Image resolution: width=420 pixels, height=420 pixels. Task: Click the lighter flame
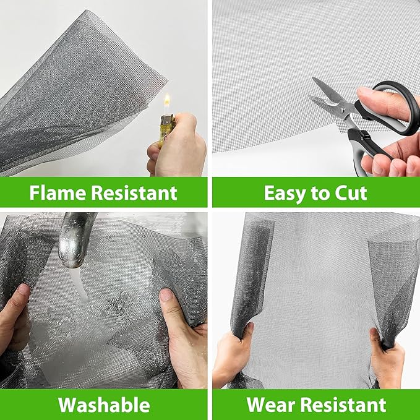pyautogui.click(x=166, y=101)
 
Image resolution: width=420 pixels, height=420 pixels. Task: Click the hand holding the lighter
pyautogui.click(x=179, y=148)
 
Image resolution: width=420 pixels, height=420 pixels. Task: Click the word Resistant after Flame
pyautogui.click(x=136, y=193)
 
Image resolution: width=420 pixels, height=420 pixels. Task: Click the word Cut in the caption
pyautogui.click(x=349, y=193)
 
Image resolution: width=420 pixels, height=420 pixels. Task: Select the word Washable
pyautogui.click(x=104, y=405)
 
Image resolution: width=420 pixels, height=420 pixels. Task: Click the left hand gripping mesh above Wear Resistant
pyautogui.click(x=235, y=359)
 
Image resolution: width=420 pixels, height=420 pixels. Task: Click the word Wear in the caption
pyautogui.click(x=271, y=405)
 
